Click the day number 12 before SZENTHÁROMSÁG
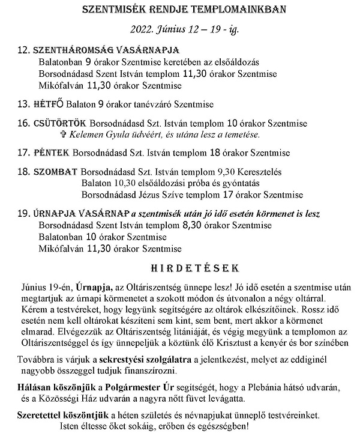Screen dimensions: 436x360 [x=23, y=50]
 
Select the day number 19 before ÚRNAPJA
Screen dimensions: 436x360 [x=23, y=214]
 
